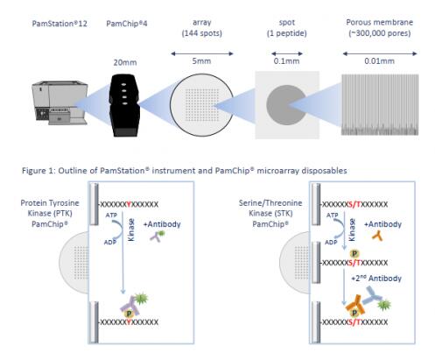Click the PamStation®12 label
(x=60, y=24)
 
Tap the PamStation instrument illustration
(x=60, y=103)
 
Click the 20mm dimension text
(x=125, y=62)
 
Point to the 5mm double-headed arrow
(x=202, y=53)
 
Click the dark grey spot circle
(x=286, y=105)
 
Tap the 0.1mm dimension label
(x=286, y=61)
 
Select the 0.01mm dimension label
(x=379, y=61)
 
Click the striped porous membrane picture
(x=380, y=104)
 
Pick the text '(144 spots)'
(x=202, y=33)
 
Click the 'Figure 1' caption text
(x=185, y=171)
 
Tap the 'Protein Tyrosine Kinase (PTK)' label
(x=50, y=208)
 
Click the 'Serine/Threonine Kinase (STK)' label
(x=270, y=208)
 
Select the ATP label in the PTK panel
(x=111, y=215)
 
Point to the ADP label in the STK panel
(x=331, y=243)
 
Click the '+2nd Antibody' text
(x=376, y=279)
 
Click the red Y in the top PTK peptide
(x=129, y=204)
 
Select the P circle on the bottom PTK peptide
(x=129, y=314)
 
